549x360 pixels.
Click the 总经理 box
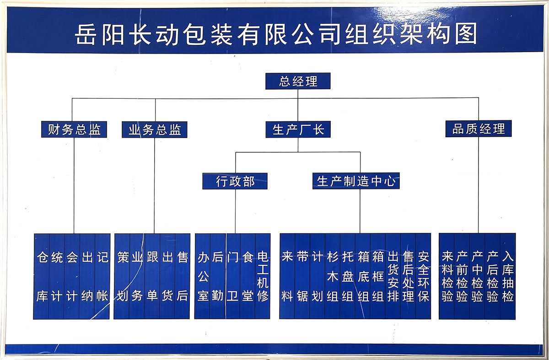tap(298, 81)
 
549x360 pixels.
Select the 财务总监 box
tap(74, 129)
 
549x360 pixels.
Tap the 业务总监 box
tap(155, 129)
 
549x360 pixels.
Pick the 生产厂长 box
tap(298, 129)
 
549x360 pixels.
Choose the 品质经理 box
tap(479, 129)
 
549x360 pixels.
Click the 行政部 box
tap(235, 181)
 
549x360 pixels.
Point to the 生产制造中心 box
tap(356, 181)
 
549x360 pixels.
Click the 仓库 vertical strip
tap(42, 276)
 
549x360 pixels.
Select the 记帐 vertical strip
tap(102, 276)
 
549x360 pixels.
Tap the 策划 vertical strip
tap(122, 276)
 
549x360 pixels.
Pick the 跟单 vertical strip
tap(152, 276)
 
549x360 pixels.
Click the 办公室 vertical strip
tap(202, 276)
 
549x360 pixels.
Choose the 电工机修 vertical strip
tap(263, 276)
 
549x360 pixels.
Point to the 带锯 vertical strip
tap(302, 276)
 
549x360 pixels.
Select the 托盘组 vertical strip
tap(348, 276)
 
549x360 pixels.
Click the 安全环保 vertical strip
tap(423, 276)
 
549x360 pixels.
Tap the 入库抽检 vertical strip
tap(507, 276)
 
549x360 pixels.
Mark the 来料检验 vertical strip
tap(447, 276)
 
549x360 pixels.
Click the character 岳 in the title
tap(85, 34)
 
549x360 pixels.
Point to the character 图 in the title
tap(466, 33)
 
